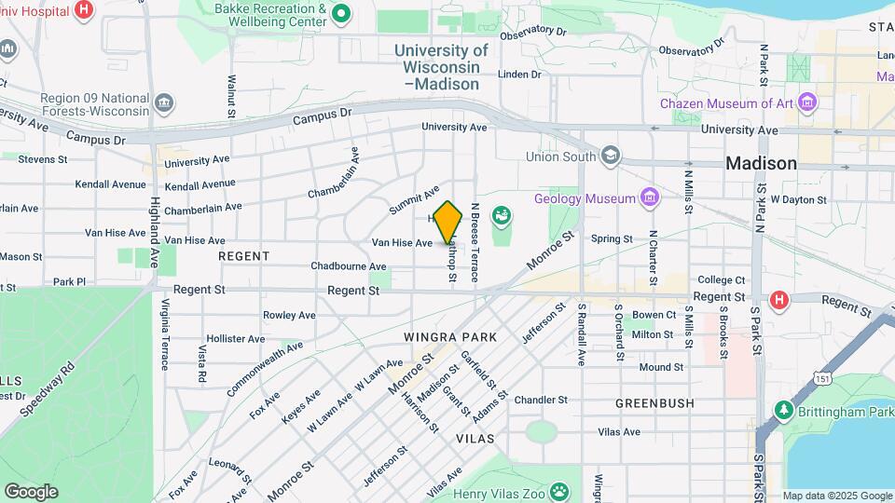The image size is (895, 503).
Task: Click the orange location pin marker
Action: coord(448,222)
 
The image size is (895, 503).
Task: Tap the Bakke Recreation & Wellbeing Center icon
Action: coord(341,13)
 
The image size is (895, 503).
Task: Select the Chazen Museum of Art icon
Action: coord(807,101)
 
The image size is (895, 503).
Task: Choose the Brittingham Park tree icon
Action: coord(783,410)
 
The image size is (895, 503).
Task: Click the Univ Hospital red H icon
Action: coord(84,9)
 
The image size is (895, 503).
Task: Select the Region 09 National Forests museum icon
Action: coord(165,101)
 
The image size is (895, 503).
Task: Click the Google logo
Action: coord(31,491)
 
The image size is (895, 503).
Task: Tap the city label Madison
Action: coord(761,163)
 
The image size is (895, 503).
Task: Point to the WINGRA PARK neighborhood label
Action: coord(450,335)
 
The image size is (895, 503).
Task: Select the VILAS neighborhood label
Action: coord(475,437)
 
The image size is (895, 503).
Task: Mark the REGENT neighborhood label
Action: coord(243,255)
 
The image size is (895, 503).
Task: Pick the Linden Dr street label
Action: coord(519,74)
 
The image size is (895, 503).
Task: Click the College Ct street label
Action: coord(722,279)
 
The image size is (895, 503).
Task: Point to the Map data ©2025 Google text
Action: coord(836,496)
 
